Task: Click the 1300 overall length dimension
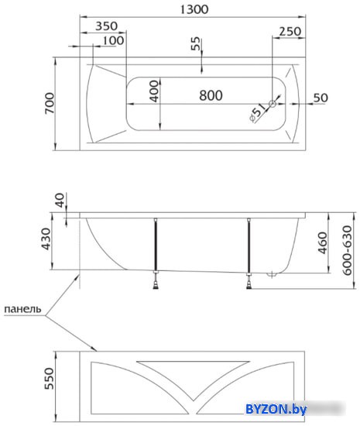[x=194, y=10]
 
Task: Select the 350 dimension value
[x=107, y=26]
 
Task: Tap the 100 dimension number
[x=114, y=41]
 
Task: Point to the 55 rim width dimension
[x=195, y=43]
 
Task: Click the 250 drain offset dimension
[x=290, y=32]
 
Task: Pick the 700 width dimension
[x=50, y=103]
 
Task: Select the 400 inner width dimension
[x=154, y=91]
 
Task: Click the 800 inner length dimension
[x=211, y=95]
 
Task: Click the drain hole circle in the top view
[x=272, y=104]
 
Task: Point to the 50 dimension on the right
[x=321, y=98]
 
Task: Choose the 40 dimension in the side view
[x=60, y=200]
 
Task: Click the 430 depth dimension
[x=46, y=239]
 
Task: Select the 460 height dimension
[x=323, y=243]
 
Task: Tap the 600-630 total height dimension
[x=347, y=250]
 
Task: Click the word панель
[x=22, y=309]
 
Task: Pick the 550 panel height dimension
[x=49, y=379]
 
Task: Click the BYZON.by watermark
[x=276, y=409]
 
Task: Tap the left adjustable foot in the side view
[x=156, y=282]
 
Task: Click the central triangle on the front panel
[x=193, y=375]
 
